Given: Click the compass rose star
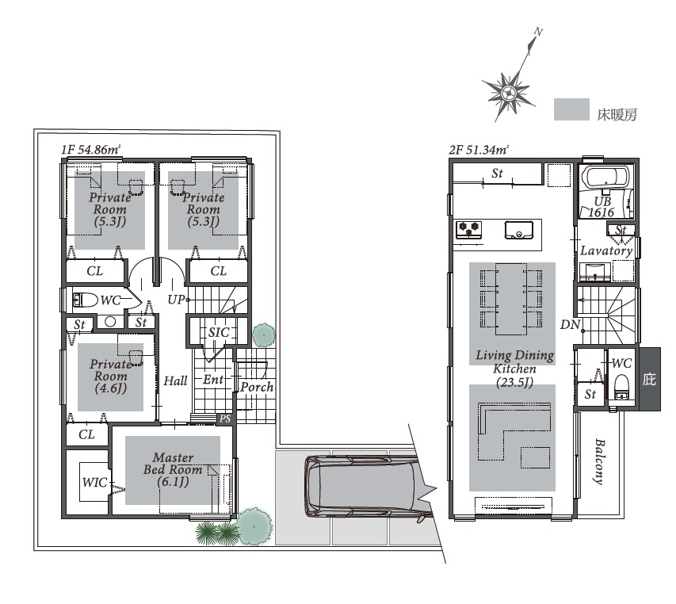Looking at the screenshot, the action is (509, 93).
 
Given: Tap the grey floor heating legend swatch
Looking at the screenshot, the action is (571, 109).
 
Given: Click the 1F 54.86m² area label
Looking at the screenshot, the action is (90, 150).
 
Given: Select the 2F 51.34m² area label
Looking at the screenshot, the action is (479, 150).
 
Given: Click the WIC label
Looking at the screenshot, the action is (94, 482).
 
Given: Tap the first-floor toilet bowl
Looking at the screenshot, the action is (86, 300).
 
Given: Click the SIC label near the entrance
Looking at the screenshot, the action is (219, 332).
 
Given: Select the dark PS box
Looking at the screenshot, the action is (225, 419).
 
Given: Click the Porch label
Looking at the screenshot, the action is (257, 387).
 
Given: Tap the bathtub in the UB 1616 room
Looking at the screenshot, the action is (605, 178).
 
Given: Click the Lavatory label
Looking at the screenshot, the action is (606, 250).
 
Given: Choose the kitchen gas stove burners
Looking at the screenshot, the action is (468, 229).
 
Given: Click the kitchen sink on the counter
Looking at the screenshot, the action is (519, 230).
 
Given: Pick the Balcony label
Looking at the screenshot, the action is (599, 462).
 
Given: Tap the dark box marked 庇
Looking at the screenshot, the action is (650, 379).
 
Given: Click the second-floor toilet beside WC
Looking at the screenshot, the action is (621, 386).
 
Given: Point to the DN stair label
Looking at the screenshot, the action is (570, 325).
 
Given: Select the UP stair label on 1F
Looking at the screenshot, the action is (176, 299).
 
